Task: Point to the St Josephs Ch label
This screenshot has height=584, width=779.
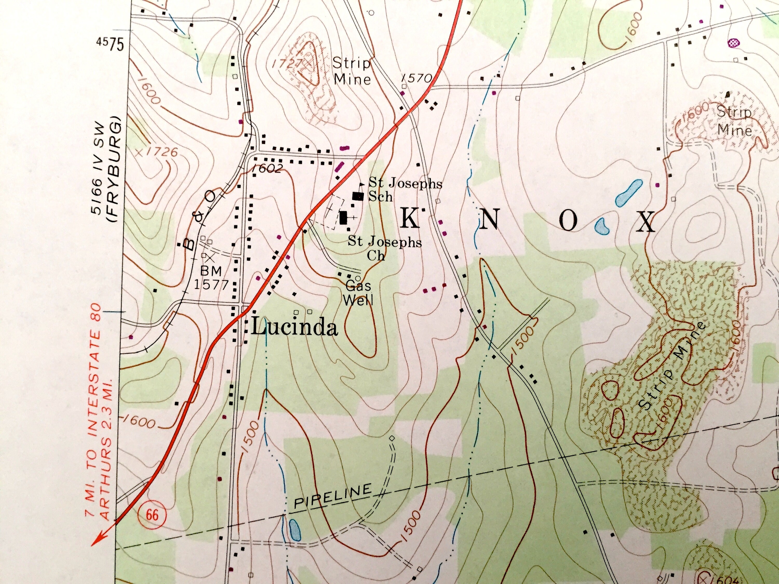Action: [385, 248]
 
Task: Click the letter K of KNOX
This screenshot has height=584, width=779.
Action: [410, 220]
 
